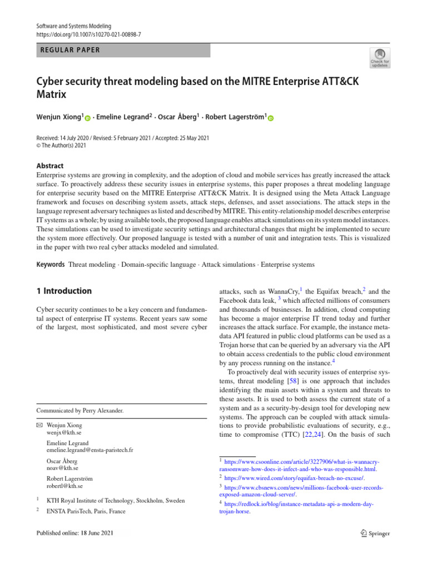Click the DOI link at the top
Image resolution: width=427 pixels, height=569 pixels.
(x=88, y=34)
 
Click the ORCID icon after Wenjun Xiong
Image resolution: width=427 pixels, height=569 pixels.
(x=87, y=118)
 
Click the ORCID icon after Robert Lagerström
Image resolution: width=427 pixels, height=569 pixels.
(x=270, y=118)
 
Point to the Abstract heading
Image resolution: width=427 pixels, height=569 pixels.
(x=49, y=166)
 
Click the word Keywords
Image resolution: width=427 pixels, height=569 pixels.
(x=50, y=264)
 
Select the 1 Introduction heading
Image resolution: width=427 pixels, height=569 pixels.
(x=64, y=291)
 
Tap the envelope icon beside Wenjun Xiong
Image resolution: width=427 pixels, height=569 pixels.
(x=39, y=425)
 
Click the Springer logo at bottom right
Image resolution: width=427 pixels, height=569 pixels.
(x=373, y=533)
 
